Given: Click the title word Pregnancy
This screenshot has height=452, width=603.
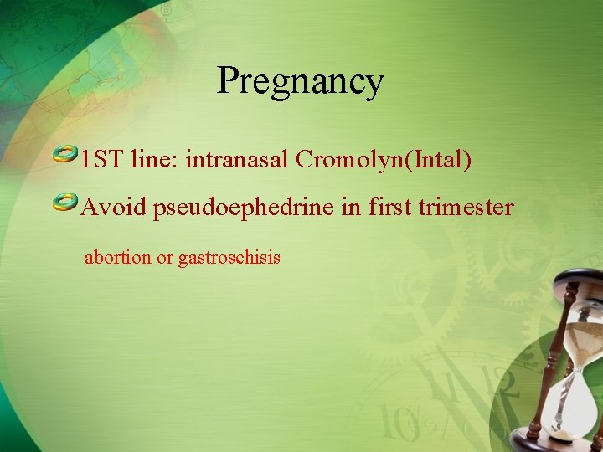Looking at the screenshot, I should pos(300,82).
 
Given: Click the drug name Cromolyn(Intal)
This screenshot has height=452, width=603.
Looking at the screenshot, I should pos(384,159).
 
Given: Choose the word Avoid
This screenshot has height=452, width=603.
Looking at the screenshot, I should pos(114,207).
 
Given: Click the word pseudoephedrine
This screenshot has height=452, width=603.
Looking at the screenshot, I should pos(244,207).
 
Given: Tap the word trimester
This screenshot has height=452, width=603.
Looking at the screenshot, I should pos(466,207).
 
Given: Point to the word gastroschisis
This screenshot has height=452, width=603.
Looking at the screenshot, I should pos(229,258).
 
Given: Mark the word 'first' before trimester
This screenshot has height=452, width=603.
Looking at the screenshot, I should pos(389,207).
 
